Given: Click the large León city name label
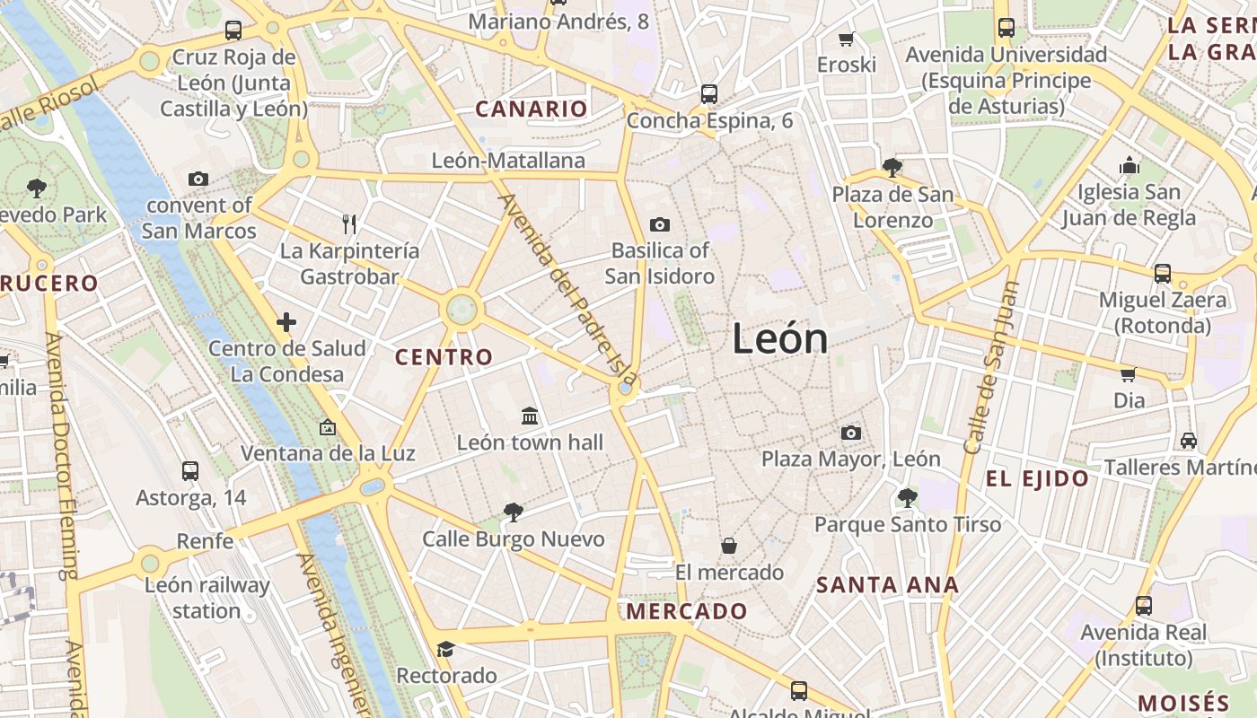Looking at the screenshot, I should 779,339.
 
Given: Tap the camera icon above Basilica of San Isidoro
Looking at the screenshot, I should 660,224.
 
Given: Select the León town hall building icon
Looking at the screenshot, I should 530,416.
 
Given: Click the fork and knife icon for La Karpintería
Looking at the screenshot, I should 350,223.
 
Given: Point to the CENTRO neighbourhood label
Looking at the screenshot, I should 444,357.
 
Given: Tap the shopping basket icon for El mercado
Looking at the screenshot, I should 729,546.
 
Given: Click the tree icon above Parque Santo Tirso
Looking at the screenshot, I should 907,497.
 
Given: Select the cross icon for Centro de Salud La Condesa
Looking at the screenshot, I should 286,322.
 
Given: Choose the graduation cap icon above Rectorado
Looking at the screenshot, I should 445,649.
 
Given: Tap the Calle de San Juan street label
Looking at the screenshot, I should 991,368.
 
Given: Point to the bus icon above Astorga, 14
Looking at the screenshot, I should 190,470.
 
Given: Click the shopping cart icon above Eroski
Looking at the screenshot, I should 846,39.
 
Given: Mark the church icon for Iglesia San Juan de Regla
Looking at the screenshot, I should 1130,165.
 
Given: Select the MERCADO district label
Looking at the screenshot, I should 687,612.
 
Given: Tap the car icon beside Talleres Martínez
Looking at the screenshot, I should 1189,441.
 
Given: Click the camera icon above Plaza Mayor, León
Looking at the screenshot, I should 851,433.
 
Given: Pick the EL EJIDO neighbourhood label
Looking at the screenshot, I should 1037,479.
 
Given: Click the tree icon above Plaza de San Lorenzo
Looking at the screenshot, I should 892,167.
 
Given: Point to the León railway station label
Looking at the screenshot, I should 207,599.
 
